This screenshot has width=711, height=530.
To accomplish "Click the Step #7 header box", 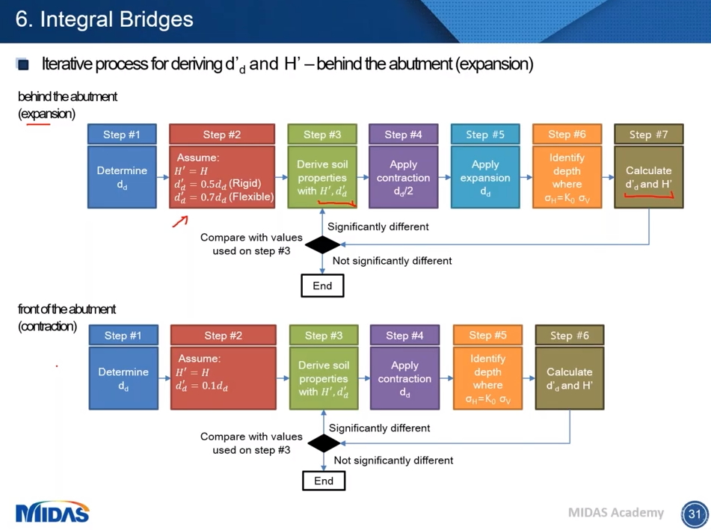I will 648,135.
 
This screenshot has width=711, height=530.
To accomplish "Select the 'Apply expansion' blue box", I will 485,177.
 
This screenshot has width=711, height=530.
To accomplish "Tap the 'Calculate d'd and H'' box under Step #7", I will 648,177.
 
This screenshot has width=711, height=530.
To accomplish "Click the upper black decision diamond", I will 323,244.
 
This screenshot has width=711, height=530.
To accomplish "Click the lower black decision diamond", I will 324,443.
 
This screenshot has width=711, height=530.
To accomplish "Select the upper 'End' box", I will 322,286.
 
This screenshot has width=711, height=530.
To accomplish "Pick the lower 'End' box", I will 324,480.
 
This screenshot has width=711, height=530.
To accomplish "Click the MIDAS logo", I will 52,512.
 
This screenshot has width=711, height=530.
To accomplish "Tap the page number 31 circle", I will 695,514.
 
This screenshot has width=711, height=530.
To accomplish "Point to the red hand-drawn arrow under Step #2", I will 180,221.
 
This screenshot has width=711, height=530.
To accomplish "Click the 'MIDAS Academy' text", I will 615,512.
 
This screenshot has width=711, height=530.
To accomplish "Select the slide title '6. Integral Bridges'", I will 104,19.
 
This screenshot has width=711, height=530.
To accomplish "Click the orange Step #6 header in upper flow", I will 567,135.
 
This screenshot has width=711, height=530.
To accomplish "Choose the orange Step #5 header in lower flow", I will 487,336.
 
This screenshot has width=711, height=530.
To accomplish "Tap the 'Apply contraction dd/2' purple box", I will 403,177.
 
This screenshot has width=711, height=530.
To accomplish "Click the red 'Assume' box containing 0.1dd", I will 223,378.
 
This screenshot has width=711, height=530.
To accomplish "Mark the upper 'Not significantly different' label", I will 392,261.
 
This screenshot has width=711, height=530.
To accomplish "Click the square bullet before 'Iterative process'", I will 22,64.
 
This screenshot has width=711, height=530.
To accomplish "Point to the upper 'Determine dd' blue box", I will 122,177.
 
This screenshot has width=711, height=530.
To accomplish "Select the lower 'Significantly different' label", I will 379,428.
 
